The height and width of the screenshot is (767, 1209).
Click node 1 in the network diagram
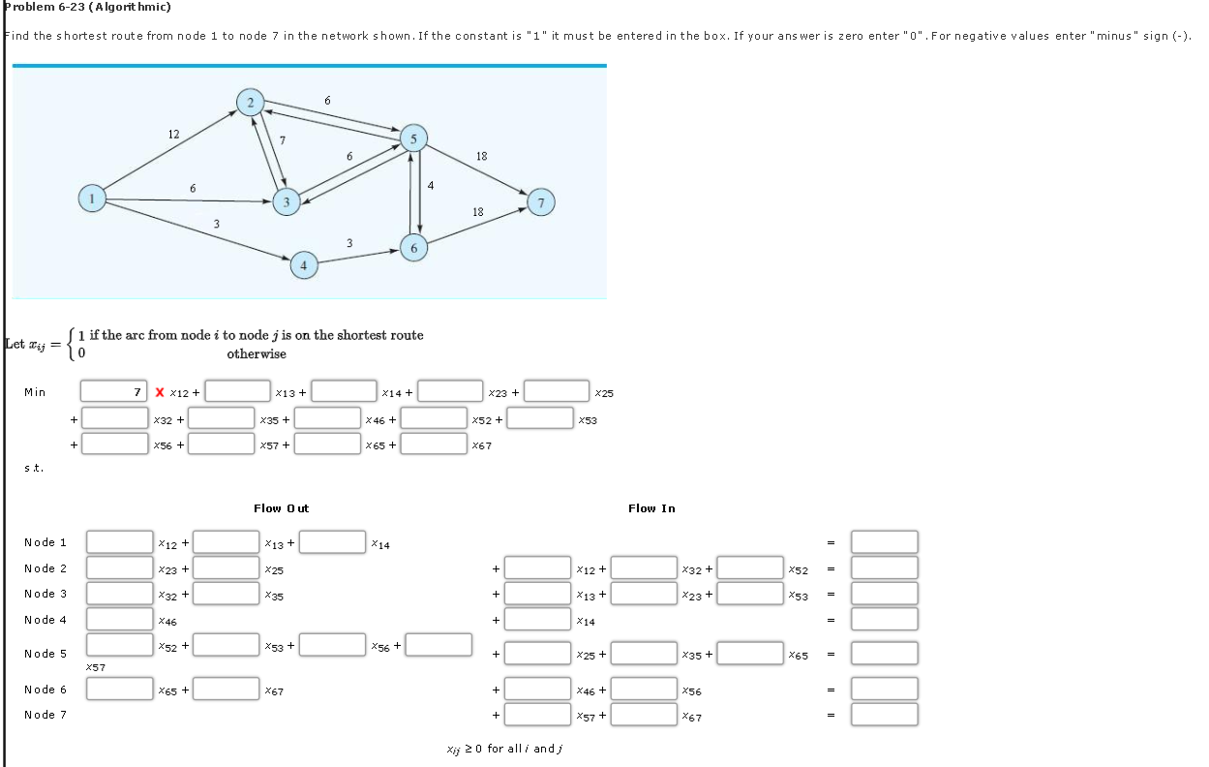[x=92, y=199]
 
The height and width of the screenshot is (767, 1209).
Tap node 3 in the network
[x=286, y=201]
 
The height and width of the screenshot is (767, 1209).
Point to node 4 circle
[x=303, y=263]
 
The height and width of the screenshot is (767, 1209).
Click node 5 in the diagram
[x=413, y=138]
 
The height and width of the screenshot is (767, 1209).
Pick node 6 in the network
[x=413, y=248]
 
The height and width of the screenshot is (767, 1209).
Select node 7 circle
[x=542, y=202]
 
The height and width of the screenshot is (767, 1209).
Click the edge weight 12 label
[x=173, y=135]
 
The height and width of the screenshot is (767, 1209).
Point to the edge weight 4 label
[x=431, y=185]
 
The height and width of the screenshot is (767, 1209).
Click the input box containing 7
[x=113, y=392]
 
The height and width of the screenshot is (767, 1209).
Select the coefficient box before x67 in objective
[x=434, y=445]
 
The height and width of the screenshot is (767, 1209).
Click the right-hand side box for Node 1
[x=884, y=542]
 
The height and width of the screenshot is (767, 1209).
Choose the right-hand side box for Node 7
[x=884, y=715]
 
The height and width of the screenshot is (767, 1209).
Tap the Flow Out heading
[x=281, y=508]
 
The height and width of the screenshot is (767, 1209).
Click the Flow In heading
[x=651, y=508]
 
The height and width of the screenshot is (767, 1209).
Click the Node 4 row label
[x=45, y=620]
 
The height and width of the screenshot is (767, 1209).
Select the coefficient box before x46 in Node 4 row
[x=120, y=619]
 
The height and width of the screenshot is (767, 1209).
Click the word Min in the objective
[x=35, y=392]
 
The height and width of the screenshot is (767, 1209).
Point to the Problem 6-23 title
[x=87, y=7]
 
